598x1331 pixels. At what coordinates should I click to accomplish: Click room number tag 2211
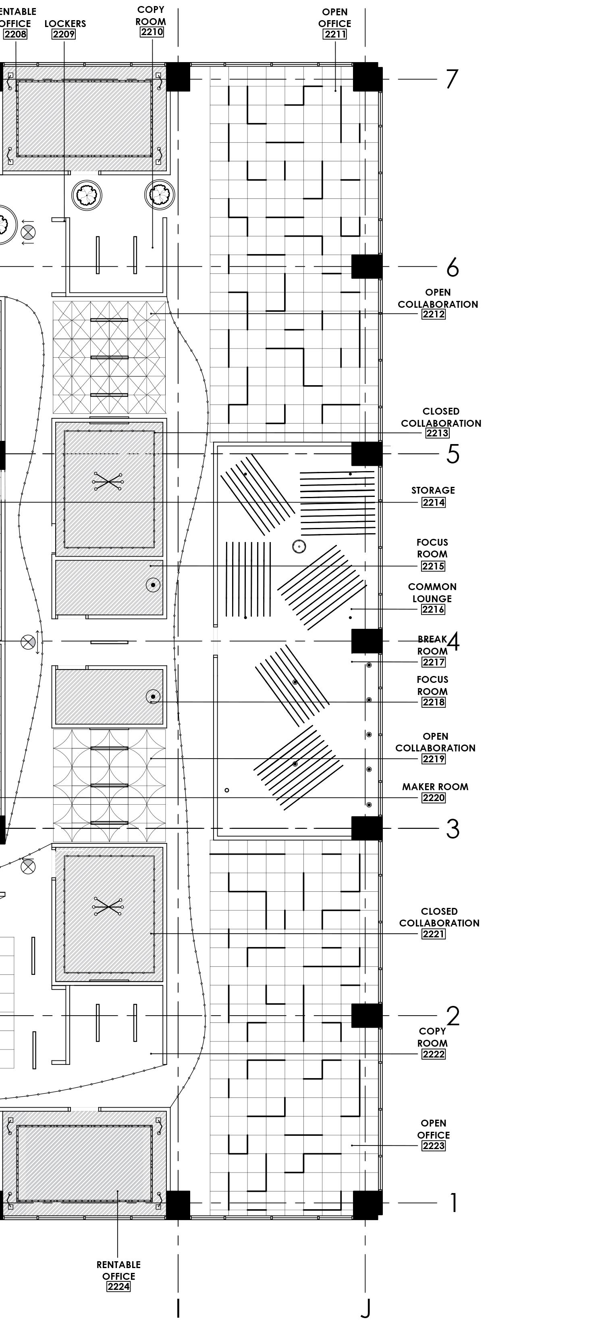334,35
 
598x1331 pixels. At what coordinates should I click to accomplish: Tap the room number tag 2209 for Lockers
64,35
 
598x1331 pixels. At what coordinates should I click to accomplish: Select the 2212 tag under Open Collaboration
433,314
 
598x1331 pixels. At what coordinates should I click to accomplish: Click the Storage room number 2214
433,502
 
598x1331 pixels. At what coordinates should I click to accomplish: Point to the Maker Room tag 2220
433,798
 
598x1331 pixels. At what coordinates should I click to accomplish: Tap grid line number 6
453,267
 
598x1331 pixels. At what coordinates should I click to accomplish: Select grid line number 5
453,454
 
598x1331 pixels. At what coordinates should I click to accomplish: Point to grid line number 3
453,829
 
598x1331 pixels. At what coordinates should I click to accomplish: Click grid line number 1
453,1204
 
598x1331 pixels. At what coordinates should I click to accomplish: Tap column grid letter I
178,1308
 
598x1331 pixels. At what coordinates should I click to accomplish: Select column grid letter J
365,1308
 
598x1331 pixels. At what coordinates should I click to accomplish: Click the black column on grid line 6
367,267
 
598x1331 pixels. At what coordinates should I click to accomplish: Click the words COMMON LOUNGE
432,592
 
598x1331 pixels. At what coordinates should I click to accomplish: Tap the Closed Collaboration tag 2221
433,934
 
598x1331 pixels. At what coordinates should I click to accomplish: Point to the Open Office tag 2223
433,1146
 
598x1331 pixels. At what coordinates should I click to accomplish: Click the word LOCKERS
65,24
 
